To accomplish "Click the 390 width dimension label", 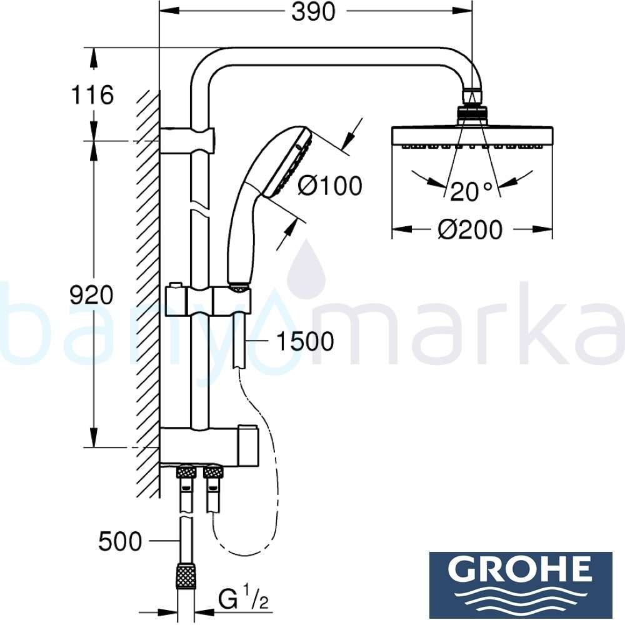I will coord(314,12).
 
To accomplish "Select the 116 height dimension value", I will coord(92,96).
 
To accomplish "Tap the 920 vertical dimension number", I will coord(92,294).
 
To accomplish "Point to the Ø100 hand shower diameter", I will coord(329,186).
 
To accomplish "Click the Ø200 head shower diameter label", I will coord(469,230).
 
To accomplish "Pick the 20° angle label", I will coord(471,192).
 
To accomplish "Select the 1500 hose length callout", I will coord(305,341).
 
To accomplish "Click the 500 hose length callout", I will coord(120,541).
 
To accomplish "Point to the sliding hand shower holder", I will coord(232,301).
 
